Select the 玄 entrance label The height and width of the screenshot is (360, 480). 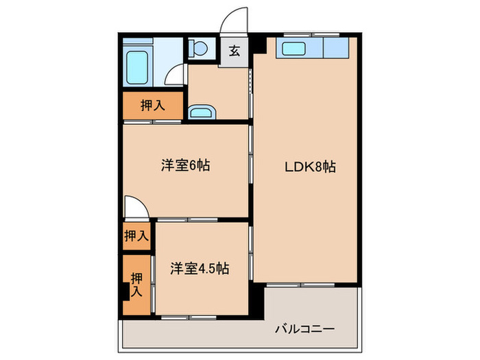[x=235, y=51]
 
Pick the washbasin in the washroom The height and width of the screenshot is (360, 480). [x=200, y=112]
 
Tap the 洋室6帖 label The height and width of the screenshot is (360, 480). [x=185, y=165]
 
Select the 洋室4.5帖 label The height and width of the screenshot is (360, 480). [x=200, y=269]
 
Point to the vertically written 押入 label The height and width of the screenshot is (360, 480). [x=136, y=285]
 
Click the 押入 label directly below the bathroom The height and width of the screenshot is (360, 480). [x=152, y=106]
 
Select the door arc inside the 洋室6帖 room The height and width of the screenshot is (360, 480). [x=134, y=206]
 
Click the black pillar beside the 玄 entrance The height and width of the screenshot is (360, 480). [x=259, y=47]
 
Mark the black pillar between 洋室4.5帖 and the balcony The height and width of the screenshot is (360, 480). [x=256, y=299]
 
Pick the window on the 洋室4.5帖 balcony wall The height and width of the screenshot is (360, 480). [x=186, y=317]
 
